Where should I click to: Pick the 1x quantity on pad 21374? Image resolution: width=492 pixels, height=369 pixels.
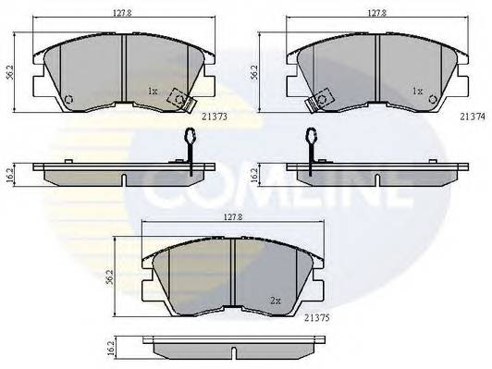pyautogui.click(x=417, y=91)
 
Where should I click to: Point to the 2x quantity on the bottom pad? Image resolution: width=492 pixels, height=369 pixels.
pyautogui.click(x=275, y=300)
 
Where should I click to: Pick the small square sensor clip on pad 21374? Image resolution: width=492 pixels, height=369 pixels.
pyautogui.click(x=324, y=97)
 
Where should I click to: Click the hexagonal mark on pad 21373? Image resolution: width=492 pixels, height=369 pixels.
pyautogui.click(x=68, y=100)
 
